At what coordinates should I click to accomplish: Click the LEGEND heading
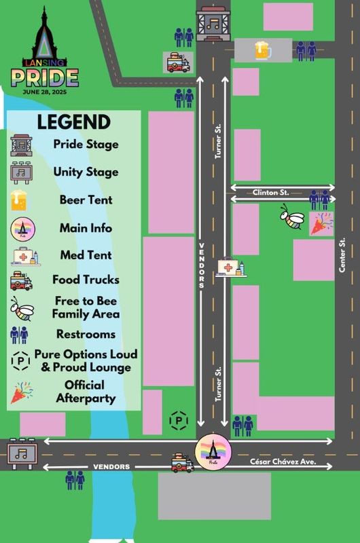click(x=73, y=122)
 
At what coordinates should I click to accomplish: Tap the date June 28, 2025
click(x=45, y=90)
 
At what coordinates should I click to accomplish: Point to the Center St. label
click(x=342, y=255)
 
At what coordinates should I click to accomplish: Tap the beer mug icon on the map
click(x=263, y=50)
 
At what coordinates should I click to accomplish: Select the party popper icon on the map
click(x=321, y=223)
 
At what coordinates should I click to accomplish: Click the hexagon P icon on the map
click(x=179, y=421)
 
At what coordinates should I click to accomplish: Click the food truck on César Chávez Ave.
click(x=183, y=464)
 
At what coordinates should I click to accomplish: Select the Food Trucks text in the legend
click(x=86, y=280)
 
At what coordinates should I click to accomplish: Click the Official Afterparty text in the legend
click(x=85, y=392)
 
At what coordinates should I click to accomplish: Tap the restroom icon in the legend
click(x=20, y=335)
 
